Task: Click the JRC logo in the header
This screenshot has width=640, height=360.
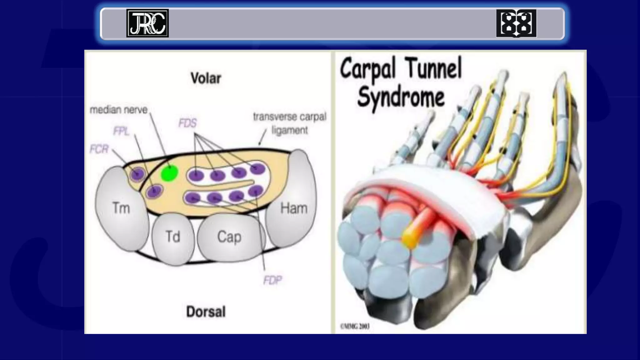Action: (147, 23)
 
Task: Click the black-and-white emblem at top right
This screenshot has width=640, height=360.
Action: (516, 23)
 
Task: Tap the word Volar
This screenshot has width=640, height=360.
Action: (206, 78)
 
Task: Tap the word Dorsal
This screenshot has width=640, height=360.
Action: (206, 312)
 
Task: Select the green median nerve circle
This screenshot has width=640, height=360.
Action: (169, 173)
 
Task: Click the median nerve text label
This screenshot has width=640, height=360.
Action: (118, 110)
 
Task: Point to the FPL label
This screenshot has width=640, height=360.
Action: (121, 131)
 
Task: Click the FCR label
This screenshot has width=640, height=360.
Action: (99, 149)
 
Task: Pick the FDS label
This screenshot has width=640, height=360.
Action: (187, 123)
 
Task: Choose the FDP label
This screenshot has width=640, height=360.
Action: (272, 280)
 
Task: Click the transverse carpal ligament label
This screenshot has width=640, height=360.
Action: (289, 123)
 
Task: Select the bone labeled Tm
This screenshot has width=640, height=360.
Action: (121, 208)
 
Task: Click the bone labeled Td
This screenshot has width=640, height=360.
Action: (173, 237)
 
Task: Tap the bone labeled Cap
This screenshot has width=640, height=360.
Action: (229, 237)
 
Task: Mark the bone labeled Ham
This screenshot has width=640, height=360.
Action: (293, 208)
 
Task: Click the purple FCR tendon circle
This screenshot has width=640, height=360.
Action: (137, 174)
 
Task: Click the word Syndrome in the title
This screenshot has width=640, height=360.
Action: (401, 97)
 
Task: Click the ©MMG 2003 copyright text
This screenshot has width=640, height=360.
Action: (355, 327)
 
